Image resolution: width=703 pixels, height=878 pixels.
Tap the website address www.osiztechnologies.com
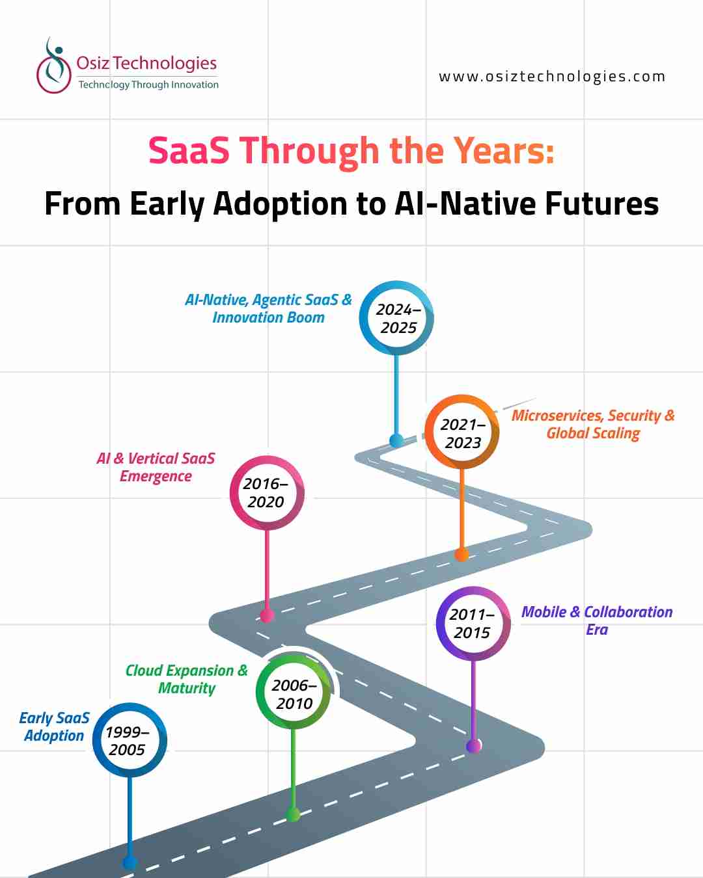(552, 77)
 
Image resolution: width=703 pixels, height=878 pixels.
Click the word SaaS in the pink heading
(189, 151)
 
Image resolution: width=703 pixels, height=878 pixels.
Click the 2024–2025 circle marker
(397, 318)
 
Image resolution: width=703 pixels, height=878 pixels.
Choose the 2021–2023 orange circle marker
(462, 432)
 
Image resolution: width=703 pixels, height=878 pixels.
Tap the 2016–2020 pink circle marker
(266, 492)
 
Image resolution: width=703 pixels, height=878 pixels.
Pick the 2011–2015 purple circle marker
(473, 623)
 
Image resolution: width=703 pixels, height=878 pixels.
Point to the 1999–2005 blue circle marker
(129, 740)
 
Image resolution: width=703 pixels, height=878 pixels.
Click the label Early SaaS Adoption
(54, 726)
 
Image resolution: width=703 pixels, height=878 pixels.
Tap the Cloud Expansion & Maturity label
(187, 679)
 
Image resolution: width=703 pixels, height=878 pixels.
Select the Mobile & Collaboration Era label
(597, 620)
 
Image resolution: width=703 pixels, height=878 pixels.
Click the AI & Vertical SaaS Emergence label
(156, 467)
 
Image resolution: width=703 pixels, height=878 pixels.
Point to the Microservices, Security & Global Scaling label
(593, 424)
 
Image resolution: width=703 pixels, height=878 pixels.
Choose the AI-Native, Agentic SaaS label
(268, 308)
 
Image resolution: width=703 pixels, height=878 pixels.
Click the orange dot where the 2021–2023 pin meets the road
(462, 555)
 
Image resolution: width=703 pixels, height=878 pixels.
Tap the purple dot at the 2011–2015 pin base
(474, 745)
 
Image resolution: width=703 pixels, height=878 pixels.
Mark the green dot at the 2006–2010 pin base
(294, 814)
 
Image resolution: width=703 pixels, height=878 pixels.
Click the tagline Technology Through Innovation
(148, 85)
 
